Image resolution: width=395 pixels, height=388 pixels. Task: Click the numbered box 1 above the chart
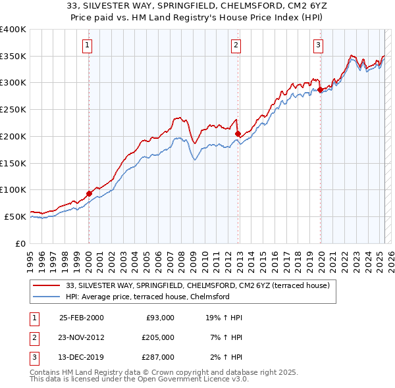click(88, 45)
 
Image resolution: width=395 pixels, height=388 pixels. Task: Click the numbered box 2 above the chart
click(236, 45)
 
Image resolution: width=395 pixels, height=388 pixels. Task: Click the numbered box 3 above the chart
click(318, 45)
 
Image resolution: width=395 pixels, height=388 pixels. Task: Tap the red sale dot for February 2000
click(89, 193)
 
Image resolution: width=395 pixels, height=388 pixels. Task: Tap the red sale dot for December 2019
click(320, 89)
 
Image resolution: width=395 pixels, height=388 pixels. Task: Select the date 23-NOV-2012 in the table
click(82, 337)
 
